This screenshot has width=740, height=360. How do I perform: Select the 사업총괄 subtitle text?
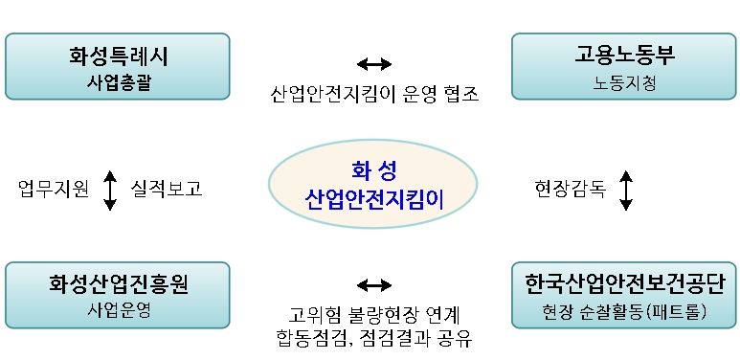click(x=117, y=81)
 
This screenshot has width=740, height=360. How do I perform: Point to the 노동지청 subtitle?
click(x=625, y=81)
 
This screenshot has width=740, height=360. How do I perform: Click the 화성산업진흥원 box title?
click(x=118, y=285)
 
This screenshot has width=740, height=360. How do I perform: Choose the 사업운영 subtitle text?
click(x=117, y=310)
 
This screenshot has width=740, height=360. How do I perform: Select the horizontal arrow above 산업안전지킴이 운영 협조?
click(x=373, y=64)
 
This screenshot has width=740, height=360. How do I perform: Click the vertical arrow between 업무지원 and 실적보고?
click(x=109, y=190)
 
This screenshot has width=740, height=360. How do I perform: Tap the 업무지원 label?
click(x=54, y=190)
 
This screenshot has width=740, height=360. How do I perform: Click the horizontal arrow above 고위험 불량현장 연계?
click(x=373, y=284)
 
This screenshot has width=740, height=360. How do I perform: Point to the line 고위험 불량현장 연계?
click(x=373, y=314)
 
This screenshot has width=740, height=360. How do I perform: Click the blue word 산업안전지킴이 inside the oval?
click(x=374, y=199)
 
